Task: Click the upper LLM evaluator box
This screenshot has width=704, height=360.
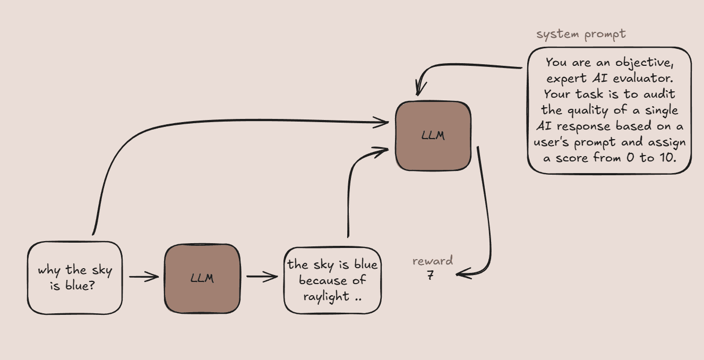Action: pos(433,136)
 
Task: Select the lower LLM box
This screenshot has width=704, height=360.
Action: pos(202,278)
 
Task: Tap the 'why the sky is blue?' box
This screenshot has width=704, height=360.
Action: pos(75,278)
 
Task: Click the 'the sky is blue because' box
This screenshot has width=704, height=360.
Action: pos(332,280)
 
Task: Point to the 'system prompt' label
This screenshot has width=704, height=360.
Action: pos(581,35)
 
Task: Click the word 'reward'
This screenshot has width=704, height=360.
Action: pos(433,261)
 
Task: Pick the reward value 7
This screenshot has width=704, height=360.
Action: pos(430,276)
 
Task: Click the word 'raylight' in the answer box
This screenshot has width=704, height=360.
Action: pos(326,296)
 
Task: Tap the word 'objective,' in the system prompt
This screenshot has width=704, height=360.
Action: pos(647,62)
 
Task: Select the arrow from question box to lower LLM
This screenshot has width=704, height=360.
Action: pos(143,277)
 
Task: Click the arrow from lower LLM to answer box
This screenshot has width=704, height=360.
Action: pos(262,277)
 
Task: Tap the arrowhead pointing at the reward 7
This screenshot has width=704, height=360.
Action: pos(460,275)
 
